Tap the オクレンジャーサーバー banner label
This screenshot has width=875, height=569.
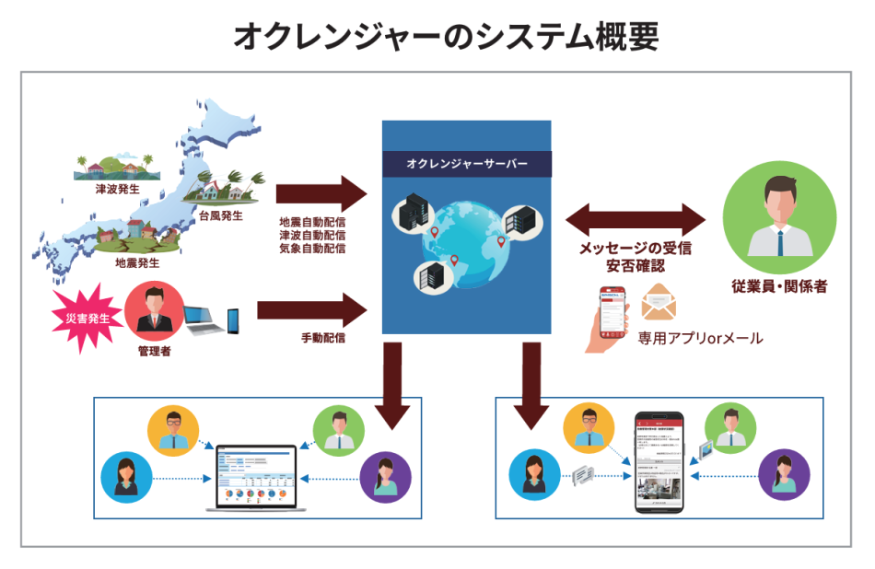point(467,164)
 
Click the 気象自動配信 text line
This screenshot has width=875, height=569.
point(313,249)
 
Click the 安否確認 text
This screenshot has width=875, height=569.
point(636,266)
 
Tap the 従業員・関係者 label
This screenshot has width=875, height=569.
point(780,286)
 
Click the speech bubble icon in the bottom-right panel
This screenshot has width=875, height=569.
point(587,475)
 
